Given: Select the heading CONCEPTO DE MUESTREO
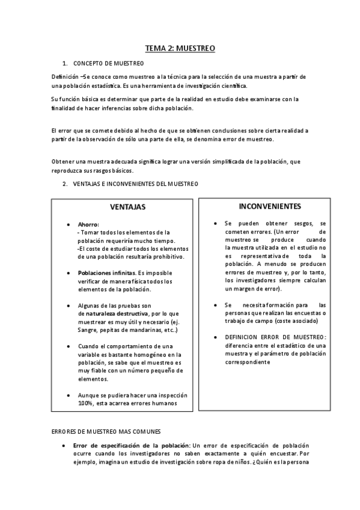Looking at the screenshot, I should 108,63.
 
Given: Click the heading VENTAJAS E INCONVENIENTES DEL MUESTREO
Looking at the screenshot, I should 135,183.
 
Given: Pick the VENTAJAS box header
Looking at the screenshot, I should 127,207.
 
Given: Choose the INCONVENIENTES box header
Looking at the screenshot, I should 270,206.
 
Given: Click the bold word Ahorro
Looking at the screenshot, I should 88,224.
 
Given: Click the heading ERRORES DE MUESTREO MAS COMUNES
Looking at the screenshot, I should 106,431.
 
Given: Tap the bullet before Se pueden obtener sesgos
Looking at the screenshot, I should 215,223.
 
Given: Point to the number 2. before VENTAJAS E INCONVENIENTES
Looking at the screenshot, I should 65,183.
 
